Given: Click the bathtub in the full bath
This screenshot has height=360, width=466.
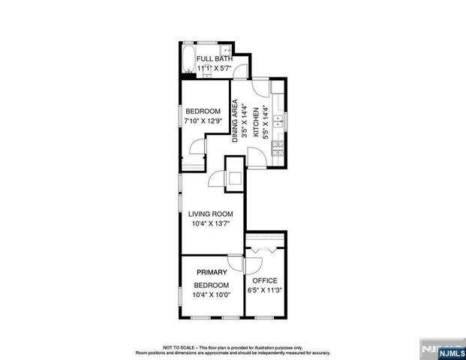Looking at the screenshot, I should [x=188, y=59].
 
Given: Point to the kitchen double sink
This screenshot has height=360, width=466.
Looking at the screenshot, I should [x=277, y=120].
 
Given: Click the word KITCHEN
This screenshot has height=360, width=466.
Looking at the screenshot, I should [x=255, y=121].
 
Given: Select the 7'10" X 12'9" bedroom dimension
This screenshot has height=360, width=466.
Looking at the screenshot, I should [x=203, y=121].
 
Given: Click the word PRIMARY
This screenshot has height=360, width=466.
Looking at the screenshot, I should [x=212, y=271].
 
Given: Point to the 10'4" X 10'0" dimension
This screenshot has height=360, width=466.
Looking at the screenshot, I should [x=212, y=295].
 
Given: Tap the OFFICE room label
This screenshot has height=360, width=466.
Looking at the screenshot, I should [x=264, y=280].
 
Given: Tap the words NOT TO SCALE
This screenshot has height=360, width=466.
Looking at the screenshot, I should [x=180, y=347].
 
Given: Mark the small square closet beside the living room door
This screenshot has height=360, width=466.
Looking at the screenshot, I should [x=235, y=178].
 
